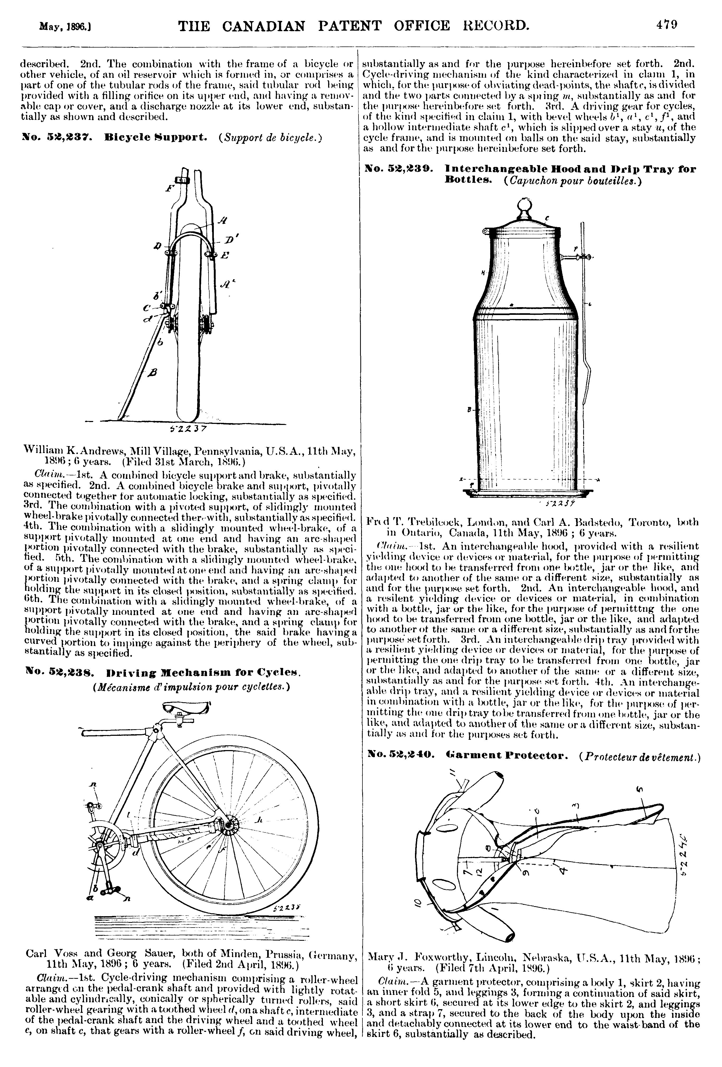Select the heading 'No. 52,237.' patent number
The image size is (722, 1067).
coord(57,137)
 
